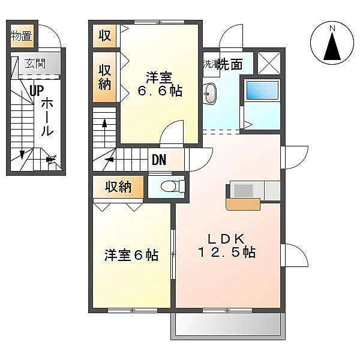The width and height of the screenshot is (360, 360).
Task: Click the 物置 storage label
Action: (21, 36)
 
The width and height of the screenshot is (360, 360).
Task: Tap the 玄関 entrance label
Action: (35, 63)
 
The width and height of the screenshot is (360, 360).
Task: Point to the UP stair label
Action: (37, 91)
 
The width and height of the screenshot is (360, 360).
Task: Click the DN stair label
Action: (159, 160)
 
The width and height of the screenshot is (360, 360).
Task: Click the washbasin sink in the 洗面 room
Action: (209, 94)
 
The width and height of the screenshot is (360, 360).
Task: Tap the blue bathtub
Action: (262, 90)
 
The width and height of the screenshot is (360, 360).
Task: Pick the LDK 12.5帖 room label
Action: (226, 245)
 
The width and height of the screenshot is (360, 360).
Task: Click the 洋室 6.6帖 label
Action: (160, 84)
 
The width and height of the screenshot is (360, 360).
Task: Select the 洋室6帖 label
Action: (131, 255)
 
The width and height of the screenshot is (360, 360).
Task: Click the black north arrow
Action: (332, 46)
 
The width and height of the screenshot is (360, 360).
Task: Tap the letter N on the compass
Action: (332, 28)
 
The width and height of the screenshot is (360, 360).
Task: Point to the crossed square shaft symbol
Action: (269, 63)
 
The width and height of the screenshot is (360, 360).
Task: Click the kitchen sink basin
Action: (244, 191)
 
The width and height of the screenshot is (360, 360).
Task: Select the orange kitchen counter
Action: (243, 205)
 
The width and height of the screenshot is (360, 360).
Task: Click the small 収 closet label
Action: (104, 35)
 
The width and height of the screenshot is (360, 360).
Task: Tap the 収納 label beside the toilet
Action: (118, 187)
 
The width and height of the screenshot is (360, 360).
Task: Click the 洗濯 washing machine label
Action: (211, 64)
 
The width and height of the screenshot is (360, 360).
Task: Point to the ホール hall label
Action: (47, 116)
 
